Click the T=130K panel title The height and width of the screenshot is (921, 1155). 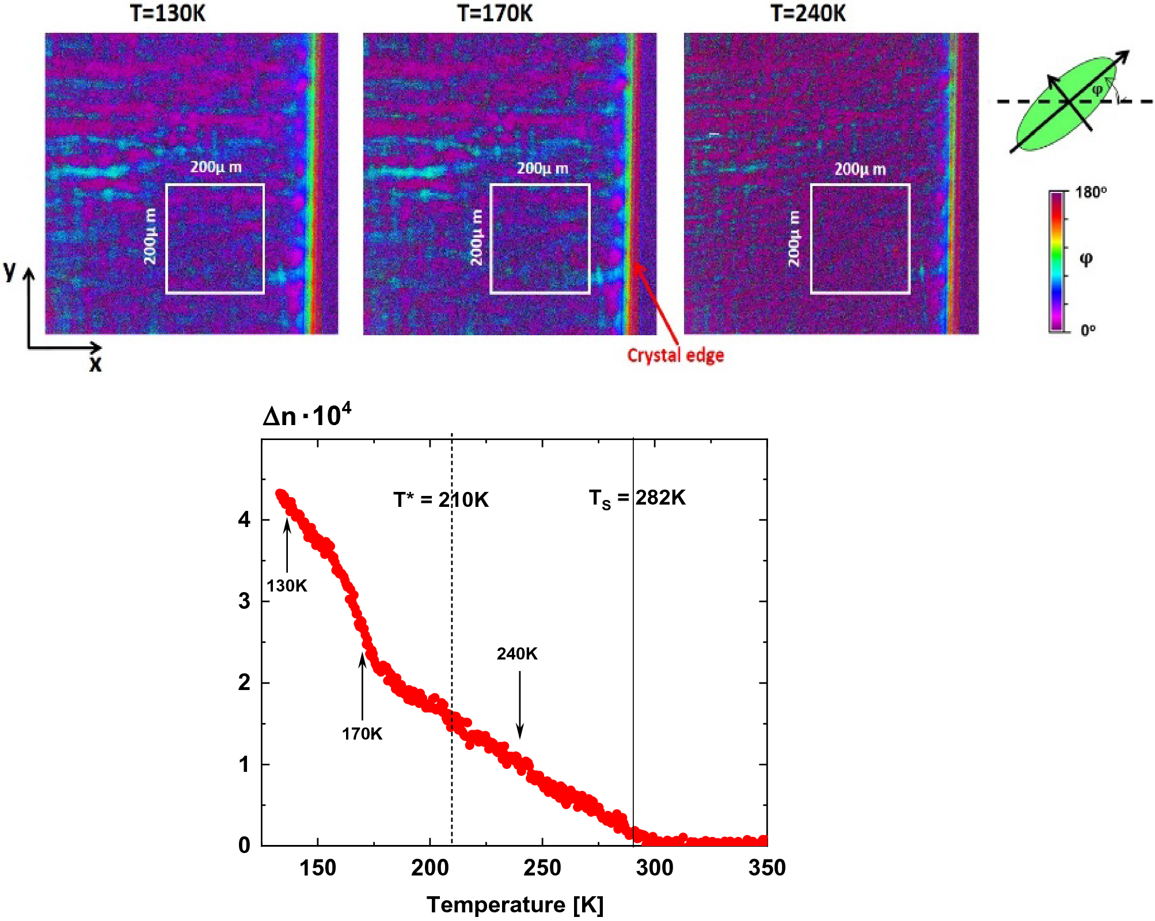[x=167, y=13]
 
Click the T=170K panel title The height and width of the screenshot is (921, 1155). [x=495, y=13]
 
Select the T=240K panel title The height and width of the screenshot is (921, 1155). [x=808, y=13]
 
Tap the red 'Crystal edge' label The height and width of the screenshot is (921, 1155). [x=675, y=355]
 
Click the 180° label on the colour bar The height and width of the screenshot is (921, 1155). [x=1091, y=192]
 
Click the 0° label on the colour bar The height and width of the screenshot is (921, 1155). [x=1088, y=330]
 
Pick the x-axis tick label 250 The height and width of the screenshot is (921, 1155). [x=542, y=867]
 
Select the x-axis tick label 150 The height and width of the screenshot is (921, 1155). [x=317, y=867]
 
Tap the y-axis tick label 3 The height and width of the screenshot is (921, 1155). [x=244, y=601]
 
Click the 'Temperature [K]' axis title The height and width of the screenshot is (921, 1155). [x=515, y=904]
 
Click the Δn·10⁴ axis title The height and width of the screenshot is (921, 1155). [x=306, y=415]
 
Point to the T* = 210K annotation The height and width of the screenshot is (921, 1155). [x=440, y=499]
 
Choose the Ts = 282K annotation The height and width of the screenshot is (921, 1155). [x=636, y=498]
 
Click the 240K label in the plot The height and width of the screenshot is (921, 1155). [x=516, y=654]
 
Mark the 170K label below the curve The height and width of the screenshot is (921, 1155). [x=362, y=734]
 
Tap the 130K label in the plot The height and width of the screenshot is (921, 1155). [x=286, y=586]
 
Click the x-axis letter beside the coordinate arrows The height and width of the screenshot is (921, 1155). [x=95, y=364]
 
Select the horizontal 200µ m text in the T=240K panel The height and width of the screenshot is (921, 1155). [x=860, y=169]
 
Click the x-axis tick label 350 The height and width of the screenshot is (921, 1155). [x=766, y=867]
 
